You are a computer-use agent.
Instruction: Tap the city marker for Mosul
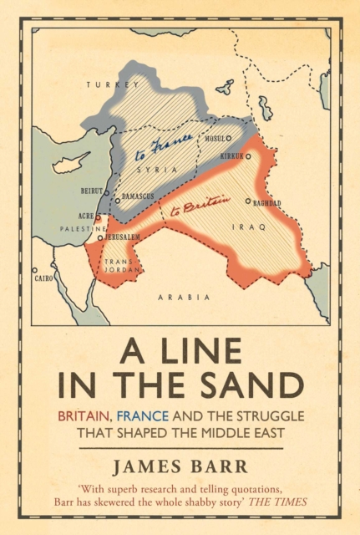(228, 139)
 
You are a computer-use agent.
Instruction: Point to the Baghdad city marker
(247, 201)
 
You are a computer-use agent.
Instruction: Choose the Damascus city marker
(117, 201)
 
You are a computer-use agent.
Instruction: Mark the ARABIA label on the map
(176, 295)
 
